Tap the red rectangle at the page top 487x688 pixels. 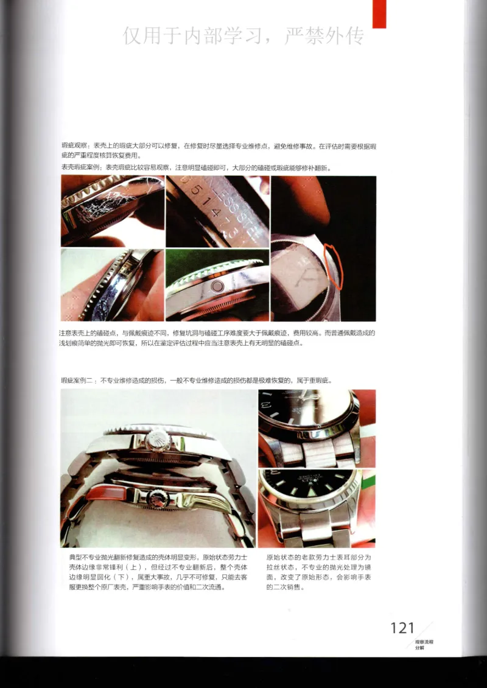379,13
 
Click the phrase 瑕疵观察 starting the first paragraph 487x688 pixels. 74,147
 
